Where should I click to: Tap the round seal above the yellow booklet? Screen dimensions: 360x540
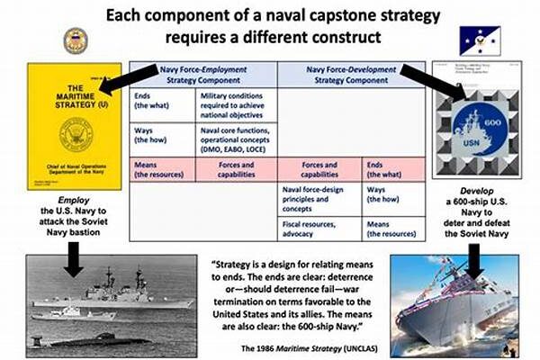click(76, 40)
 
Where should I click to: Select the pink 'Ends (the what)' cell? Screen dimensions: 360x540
click(389, 171)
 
